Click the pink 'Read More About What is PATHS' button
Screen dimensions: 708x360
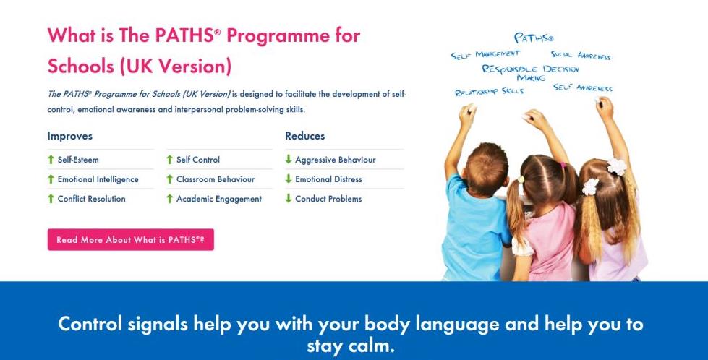tap(130, 239)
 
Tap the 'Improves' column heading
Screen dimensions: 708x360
tap(69, 136)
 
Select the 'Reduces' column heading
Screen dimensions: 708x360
tap(304, 136)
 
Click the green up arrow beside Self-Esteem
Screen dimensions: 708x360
tap(51, 160)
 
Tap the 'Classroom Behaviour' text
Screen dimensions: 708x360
tap(216, 179)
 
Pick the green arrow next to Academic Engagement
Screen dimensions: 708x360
tap(169, 199)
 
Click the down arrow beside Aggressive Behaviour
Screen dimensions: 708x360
tap(288, 159)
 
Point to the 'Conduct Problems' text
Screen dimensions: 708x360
tap(328, 199)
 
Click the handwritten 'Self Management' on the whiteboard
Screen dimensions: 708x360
tap(485, 55)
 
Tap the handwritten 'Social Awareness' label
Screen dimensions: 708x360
tap(581, 55)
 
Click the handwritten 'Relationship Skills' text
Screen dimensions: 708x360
tap(490, 92)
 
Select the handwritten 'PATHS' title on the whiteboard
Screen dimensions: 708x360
tap(533, 38)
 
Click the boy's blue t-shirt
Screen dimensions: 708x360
tap(475, 228)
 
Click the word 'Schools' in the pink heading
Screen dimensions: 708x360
tap(80, 67)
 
